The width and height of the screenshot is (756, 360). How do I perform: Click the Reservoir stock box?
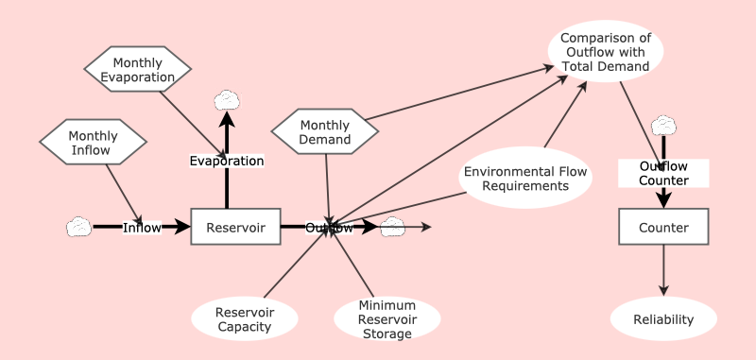(235, 227)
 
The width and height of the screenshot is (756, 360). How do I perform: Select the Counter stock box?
(663, 227)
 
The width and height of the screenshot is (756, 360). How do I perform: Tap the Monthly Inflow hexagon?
(93, 143)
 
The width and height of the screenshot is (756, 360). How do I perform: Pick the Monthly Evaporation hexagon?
(138, 70)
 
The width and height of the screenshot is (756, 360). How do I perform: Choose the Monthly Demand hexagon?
(325, 132)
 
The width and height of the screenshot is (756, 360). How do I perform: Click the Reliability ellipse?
(662, 319)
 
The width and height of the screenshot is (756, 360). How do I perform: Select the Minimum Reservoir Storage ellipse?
(387, 319)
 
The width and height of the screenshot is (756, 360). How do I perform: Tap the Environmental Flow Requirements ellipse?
(525, 178)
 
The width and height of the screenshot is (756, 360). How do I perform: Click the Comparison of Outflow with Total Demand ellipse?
(605, 51)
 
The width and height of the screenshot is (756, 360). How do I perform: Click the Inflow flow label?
(142, 227)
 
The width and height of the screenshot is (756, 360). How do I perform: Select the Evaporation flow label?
(226, 161)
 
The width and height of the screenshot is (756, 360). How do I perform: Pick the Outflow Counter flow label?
(663, 173)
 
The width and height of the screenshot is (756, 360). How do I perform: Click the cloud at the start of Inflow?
(78, 227)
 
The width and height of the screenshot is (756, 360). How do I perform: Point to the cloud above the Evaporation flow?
(226, 99)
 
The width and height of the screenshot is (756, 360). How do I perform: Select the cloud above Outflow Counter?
(663, 125)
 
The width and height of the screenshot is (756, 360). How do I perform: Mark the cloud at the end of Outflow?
(392, 227)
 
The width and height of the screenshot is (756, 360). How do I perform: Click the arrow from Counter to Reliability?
(663, 269)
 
